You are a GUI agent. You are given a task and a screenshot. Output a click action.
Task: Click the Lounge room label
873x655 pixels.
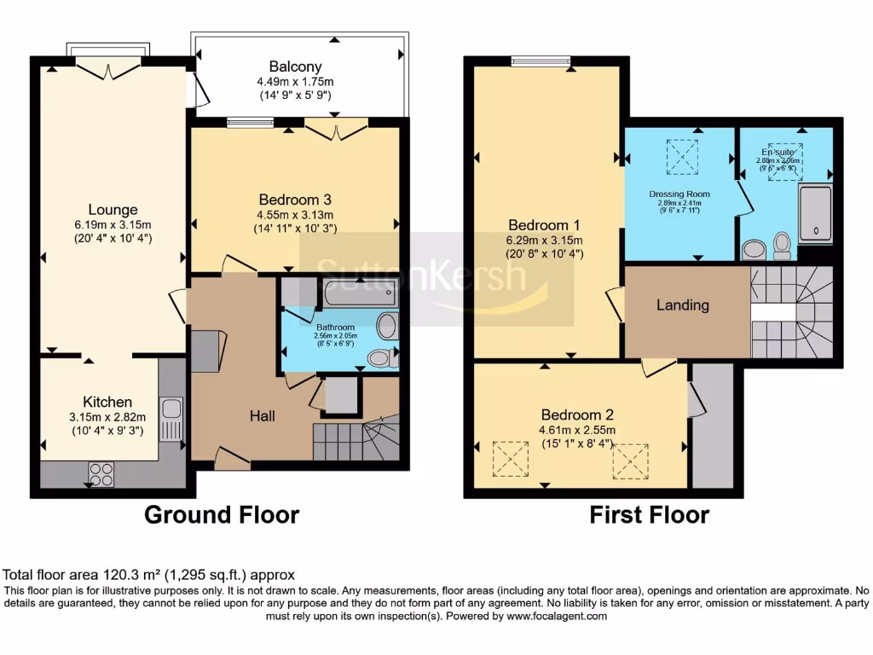click(113, 210)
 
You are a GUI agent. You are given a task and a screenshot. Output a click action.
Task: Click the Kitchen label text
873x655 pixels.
click(107, 402)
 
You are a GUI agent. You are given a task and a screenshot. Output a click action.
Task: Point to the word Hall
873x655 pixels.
click(262, 415)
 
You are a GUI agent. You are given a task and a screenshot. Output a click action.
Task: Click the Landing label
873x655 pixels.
click(683, 304)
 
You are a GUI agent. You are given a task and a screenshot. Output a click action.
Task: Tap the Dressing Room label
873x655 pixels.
click(679, 194)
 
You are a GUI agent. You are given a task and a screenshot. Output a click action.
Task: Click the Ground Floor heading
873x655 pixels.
click(222, 515)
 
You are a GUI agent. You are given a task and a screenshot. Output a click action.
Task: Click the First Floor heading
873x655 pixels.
click(650, 515)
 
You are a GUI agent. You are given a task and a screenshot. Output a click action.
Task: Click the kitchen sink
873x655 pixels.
click(171, 417)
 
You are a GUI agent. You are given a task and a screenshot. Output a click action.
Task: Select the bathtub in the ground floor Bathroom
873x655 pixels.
click(357, 295)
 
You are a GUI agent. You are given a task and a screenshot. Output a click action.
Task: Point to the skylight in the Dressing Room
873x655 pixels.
click(681, 156)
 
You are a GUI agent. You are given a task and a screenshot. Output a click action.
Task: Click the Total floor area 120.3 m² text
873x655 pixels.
click(149, 576)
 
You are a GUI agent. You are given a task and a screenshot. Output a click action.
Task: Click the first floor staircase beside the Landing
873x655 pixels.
click(791, 311)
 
